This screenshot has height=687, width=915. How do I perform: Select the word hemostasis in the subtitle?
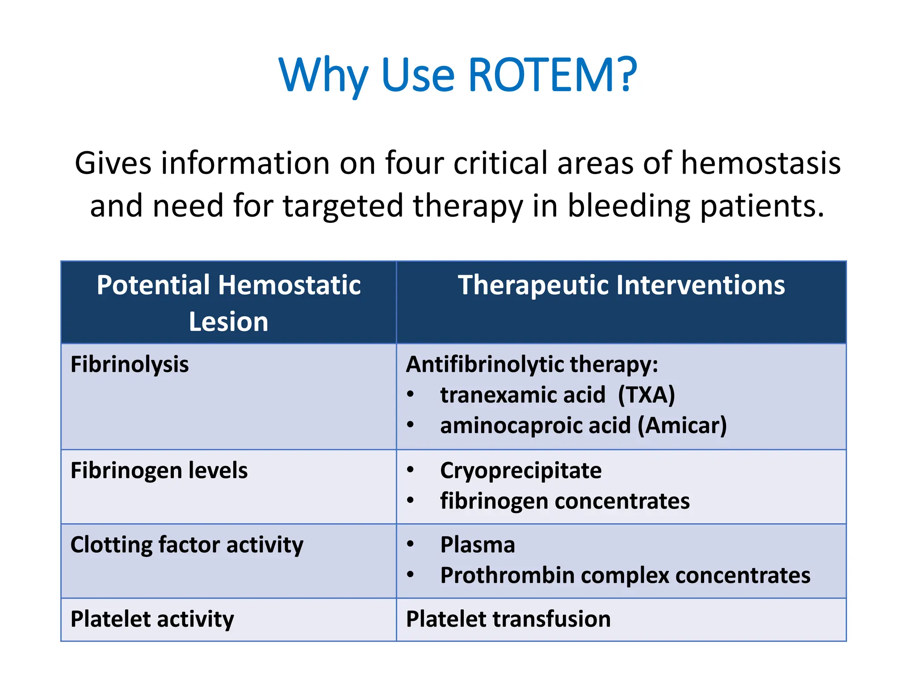tap(760, 163)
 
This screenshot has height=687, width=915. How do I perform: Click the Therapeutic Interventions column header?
tap(621, 285)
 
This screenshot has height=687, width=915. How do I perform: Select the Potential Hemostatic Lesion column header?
tap(228, 303)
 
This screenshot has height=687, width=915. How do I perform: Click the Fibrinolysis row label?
tap(130, 364)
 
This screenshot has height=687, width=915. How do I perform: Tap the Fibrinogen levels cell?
tap(159, 471)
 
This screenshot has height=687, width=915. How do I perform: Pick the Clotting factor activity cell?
tap(187, 545)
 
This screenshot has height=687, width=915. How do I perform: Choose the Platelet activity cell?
tap(152, 619)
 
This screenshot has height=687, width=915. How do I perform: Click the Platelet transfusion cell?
tap(508, 619)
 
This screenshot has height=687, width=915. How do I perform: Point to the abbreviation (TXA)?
tap(646, 395)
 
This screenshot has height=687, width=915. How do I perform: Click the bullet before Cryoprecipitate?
tap(410, 470)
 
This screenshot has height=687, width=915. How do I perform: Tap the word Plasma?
tap(477, 545)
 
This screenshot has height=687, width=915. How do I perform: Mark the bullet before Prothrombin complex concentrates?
tap(410, 574)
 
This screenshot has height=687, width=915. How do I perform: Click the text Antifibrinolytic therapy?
tap(532, 364)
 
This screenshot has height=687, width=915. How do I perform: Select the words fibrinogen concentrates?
tap(564, 501)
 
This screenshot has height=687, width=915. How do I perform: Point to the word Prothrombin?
tap(507, 575)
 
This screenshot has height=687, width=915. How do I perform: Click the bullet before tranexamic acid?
tap(410, 394)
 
